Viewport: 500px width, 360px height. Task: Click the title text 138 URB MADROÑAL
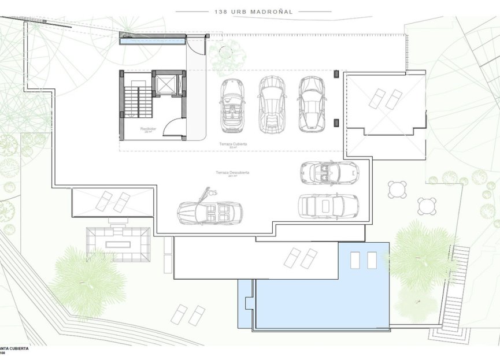point(254,10)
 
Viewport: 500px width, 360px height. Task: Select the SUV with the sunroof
point(328,206)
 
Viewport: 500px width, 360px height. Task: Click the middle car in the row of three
point(272,104)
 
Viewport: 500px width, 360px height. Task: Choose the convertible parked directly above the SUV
point(328,172)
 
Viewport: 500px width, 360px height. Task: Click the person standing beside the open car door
point(212,192)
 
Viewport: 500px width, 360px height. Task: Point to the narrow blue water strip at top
point(152,41)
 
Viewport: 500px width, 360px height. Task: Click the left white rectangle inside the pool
point(355,261)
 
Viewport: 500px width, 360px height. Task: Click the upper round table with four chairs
point(397,189)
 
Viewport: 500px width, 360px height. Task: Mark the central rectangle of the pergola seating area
point(118,244)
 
